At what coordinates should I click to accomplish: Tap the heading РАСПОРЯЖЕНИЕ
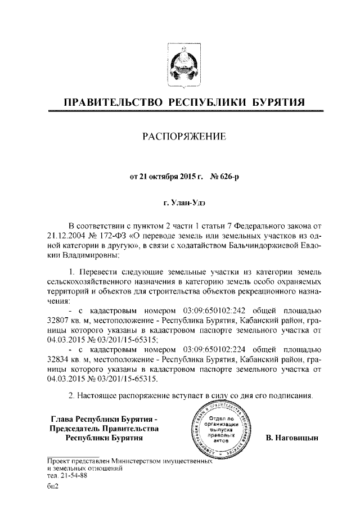[180, 136]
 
